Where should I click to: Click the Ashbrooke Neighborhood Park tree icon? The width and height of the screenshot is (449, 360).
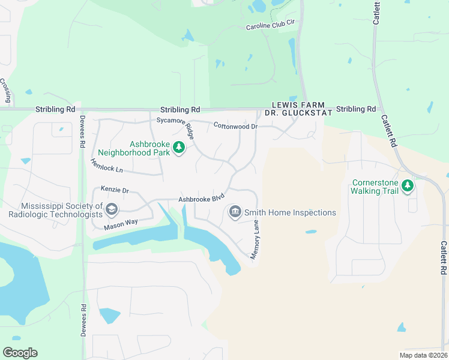tap(178, 147)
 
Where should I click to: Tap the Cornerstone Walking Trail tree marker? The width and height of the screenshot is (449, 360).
tap(408, 186)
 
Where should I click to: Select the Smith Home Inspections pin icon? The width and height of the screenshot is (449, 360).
tap(235, 212)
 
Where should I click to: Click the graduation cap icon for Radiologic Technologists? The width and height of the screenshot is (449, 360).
tap(111, 209)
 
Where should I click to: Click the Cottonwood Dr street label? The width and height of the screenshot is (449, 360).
tap(235, 126)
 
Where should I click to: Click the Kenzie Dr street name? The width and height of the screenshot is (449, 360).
tap(115, 190)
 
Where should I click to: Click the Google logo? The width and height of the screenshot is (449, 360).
tap(20, 353)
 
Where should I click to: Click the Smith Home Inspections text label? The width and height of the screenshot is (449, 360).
tap(289, 212)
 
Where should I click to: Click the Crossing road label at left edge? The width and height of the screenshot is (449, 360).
tap(5, 91)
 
